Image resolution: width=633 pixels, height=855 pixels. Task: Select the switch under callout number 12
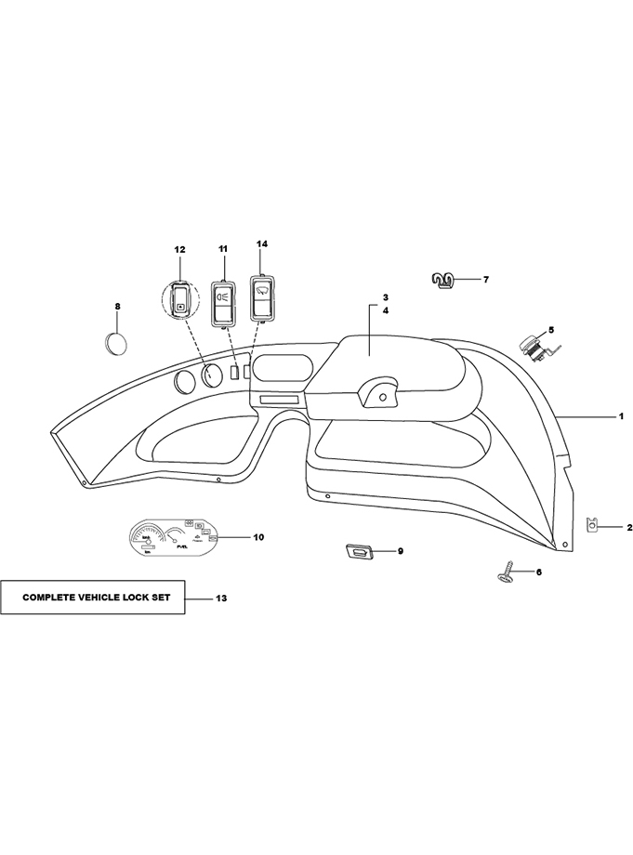tap(180, 298)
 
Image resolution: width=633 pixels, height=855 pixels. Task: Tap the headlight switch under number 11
tap(223, 301)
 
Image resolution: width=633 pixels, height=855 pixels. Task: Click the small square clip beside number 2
tap(592, 526)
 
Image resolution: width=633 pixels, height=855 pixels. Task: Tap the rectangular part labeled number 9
tap(360, 552)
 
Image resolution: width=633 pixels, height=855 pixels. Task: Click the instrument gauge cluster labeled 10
tap(172, 538)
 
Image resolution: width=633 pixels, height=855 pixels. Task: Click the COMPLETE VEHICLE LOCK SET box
tap(93, 597)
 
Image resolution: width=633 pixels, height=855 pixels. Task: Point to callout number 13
tap(220, 598)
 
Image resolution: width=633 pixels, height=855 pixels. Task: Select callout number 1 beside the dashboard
tap(621, 417)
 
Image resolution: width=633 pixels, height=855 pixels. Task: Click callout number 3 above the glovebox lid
tap(384, 297)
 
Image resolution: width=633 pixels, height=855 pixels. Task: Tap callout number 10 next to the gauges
tap(258, 537)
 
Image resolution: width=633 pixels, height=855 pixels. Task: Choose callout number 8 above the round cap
tap(117, 306)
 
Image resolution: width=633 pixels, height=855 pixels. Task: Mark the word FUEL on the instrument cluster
tap(184, 548)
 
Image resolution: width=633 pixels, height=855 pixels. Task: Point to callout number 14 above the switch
tap(262, 243)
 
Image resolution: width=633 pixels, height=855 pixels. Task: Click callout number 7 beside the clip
tap(485, 279)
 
